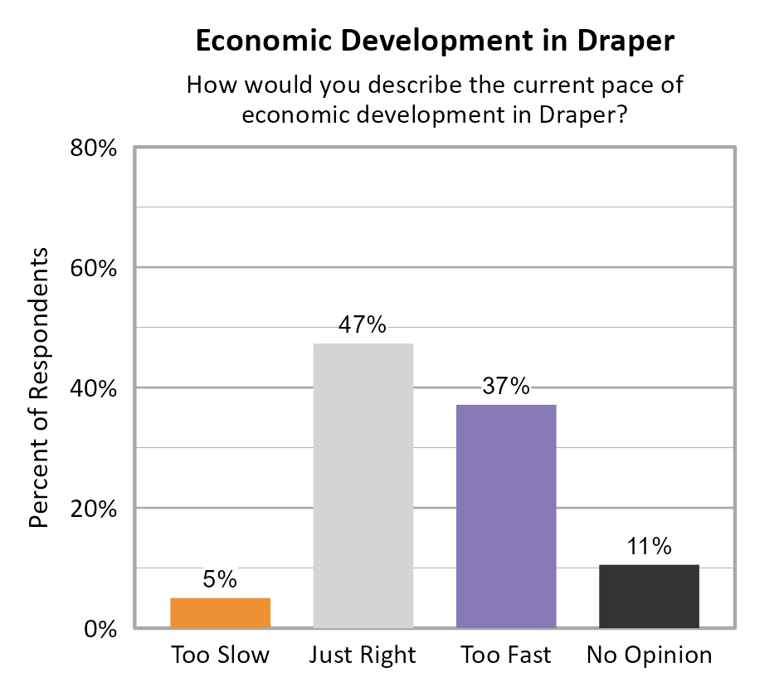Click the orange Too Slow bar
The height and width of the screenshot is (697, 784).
(x=220, y=612)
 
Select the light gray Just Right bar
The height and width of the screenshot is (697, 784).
(x=363, y=485)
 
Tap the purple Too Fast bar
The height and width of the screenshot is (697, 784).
(x=506, y=515)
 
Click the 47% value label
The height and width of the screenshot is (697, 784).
(x=363, y=325)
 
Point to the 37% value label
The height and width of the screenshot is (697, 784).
(x=506, y=387)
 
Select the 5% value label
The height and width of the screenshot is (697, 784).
(x=220, y=579)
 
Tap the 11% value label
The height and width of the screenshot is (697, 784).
(x=649, y=546)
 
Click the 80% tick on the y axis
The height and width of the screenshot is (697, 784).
(x=91, y=149)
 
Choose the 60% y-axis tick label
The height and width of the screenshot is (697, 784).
(x=91, y=269)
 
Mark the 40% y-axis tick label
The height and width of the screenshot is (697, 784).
(x=91, y=388)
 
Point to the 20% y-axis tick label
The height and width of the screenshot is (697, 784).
(x=91, y=509)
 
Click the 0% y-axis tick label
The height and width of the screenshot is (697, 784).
(x=98, y=629)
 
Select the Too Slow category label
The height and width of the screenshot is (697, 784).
(x=220, y=656)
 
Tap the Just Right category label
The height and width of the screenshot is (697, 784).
(x=363, y=656)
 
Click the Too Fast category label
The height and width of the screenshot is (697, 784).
(x=506, y=656)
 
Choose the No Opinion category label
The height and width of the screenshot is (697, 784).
(x=649, y=656)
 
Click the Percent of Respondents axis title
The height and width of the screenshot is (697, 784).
(x=39, y=387)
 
